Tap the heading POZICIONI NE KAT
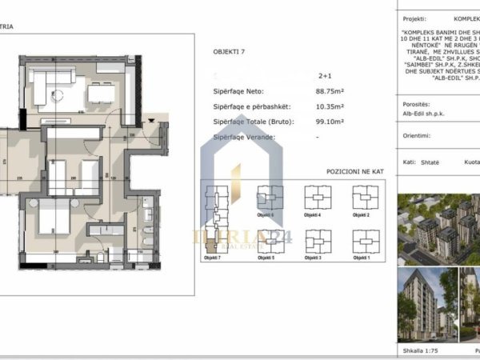pyautogui.click(x=359, y=172)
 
